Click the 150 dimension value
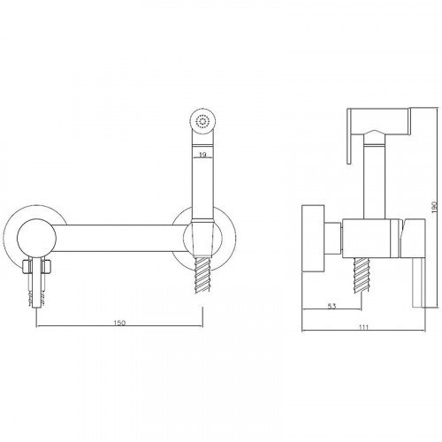(x=119, y=323)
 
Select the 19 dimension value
(x=202, y=155)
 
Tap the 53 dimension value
(x=331, y=306)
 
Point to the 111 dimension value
(x=364, y=327)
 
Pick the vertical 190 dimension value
(x=433, y=207)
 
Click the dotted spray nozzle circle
(x=202, y=121)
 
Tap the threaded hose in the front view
(x=202, y=274)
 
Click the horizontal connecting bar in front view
(x=119, y=239)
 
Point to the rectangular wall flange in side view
(x=313, y=238)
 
